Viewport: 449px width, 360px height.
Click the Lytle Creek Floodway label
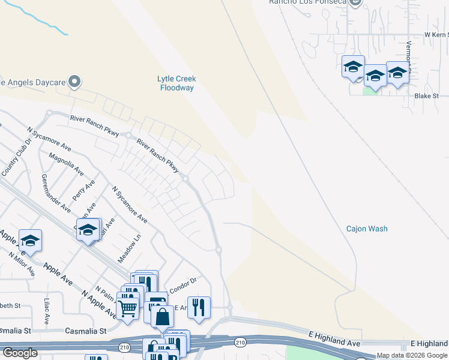click(176, 83)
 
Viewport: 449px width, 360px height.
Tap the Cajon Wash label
click(367, 229)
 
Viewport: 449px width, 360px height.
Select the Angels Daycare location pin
click(74, 81)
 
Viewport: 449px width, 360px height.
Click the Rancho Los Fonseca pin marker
click(355, 2)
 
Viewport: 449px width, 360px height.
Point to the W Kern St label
click(436, 35)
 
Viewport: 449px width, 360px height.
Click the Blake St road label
click(427, 96)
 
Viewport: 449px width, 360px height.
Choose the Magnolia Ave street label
click(66, 163)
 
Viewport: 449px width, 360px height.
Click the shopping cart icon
click(128, 308)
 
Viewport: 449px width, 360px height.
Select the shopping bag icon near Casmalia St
click(162, 316)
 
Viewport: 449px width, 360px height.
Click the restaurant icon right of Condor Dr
click(199, 307)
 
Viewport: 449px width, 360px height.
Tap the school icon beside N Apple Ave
click(30, 241)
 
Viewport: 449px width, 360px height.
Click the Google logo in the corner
click(20, 353)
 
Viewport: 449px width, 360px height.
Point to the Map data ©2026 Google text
click(412, 356)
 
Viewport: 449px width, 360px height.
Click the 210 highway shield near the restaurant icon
click(240, 343)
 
